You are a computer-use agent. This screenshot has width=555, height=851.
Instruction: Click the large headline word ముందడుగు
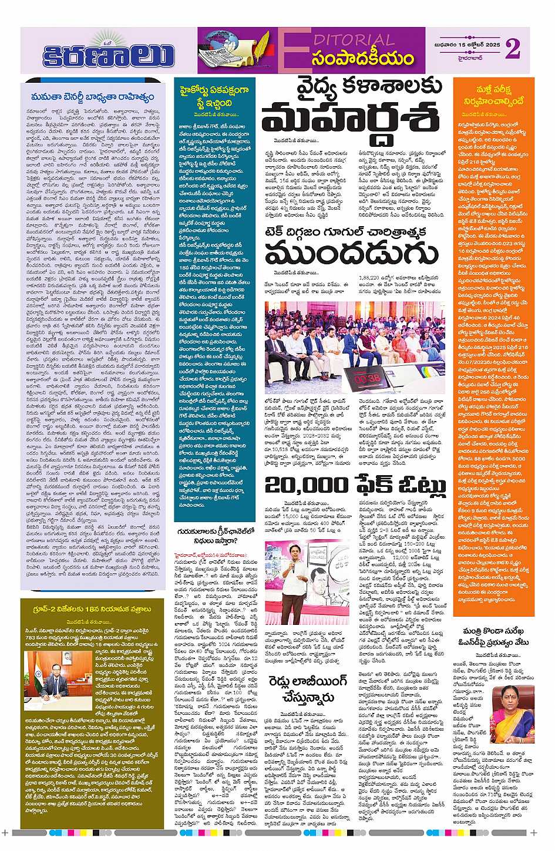[x=352, y=253]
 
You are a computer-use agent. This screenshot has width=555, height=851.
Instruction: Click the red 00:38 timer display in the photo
[x=368, y=379]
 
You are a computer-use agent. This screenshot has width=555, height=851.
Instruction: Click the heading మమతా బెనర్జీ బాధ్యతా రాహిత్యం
[x=93, y=97]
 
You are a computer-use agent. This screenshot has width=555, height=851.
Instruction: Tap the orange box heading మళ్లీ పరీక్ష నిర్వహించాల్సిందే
[x=493, y=95]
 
